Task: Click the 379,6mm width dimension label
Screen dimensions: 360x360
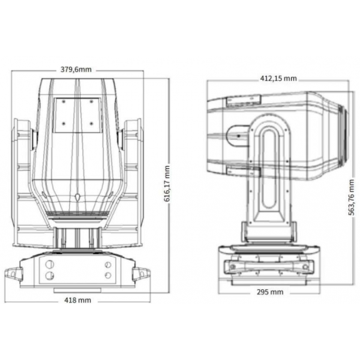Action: tap(76, 70)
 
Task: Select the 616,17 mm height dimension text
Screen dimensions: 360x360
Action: tap(167, 184)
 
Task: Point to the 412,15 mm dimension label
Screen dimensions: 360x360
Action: tap(277, 78)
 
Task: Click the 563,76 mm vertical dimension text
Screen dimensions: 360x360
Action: tap(351, 191)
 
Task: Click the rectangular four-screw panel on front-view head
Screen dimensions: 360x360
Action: tap(76, 114)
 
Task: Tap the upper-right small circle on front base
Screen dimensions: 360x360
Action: tap(107, 265)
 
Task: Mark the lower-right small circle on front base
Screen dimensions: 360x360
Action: tap(107, 275)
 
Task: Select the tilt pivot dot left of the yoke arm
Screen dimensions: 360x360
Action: tap(238, 136)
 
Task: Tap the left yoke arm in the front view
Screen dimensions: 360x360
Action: tap(23, 180)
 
